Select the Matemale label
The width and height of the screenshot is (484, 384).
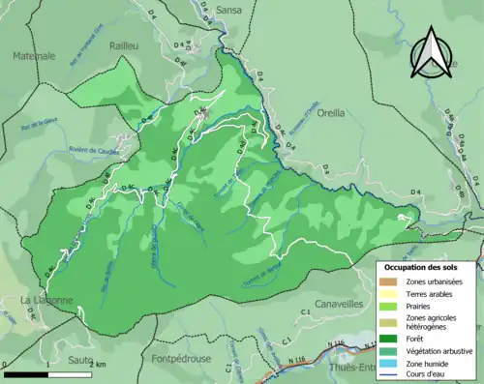[33, 57]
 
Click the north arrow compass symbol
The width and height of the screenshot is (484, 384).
[431, 52]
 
